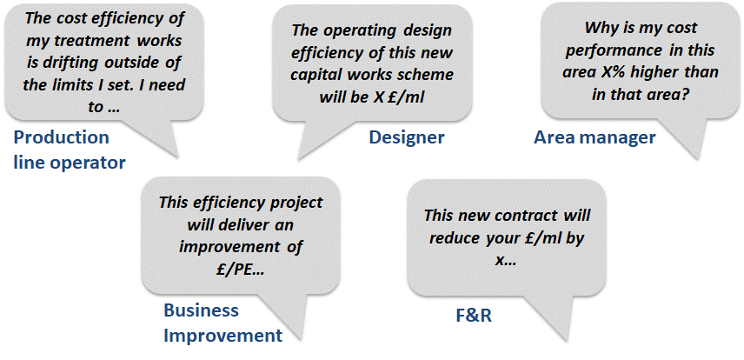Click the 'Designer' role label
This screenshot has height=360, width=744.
click(x=407, y=137)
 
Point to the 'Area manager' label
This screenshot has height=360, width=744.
click(x=595, y=137)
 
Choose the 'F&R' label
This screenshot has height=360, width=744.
click(x=473, y=316)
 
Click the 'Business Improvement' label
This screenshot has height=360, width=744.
click(x=223, y=323)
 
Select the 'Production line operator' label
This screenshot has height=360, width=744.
click(x=70, y=150)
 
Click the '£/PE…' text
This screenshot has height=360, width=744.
click(x=239, y=270)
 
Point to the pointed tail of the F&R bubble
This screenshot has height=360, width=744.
click(x=567, y=340)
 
